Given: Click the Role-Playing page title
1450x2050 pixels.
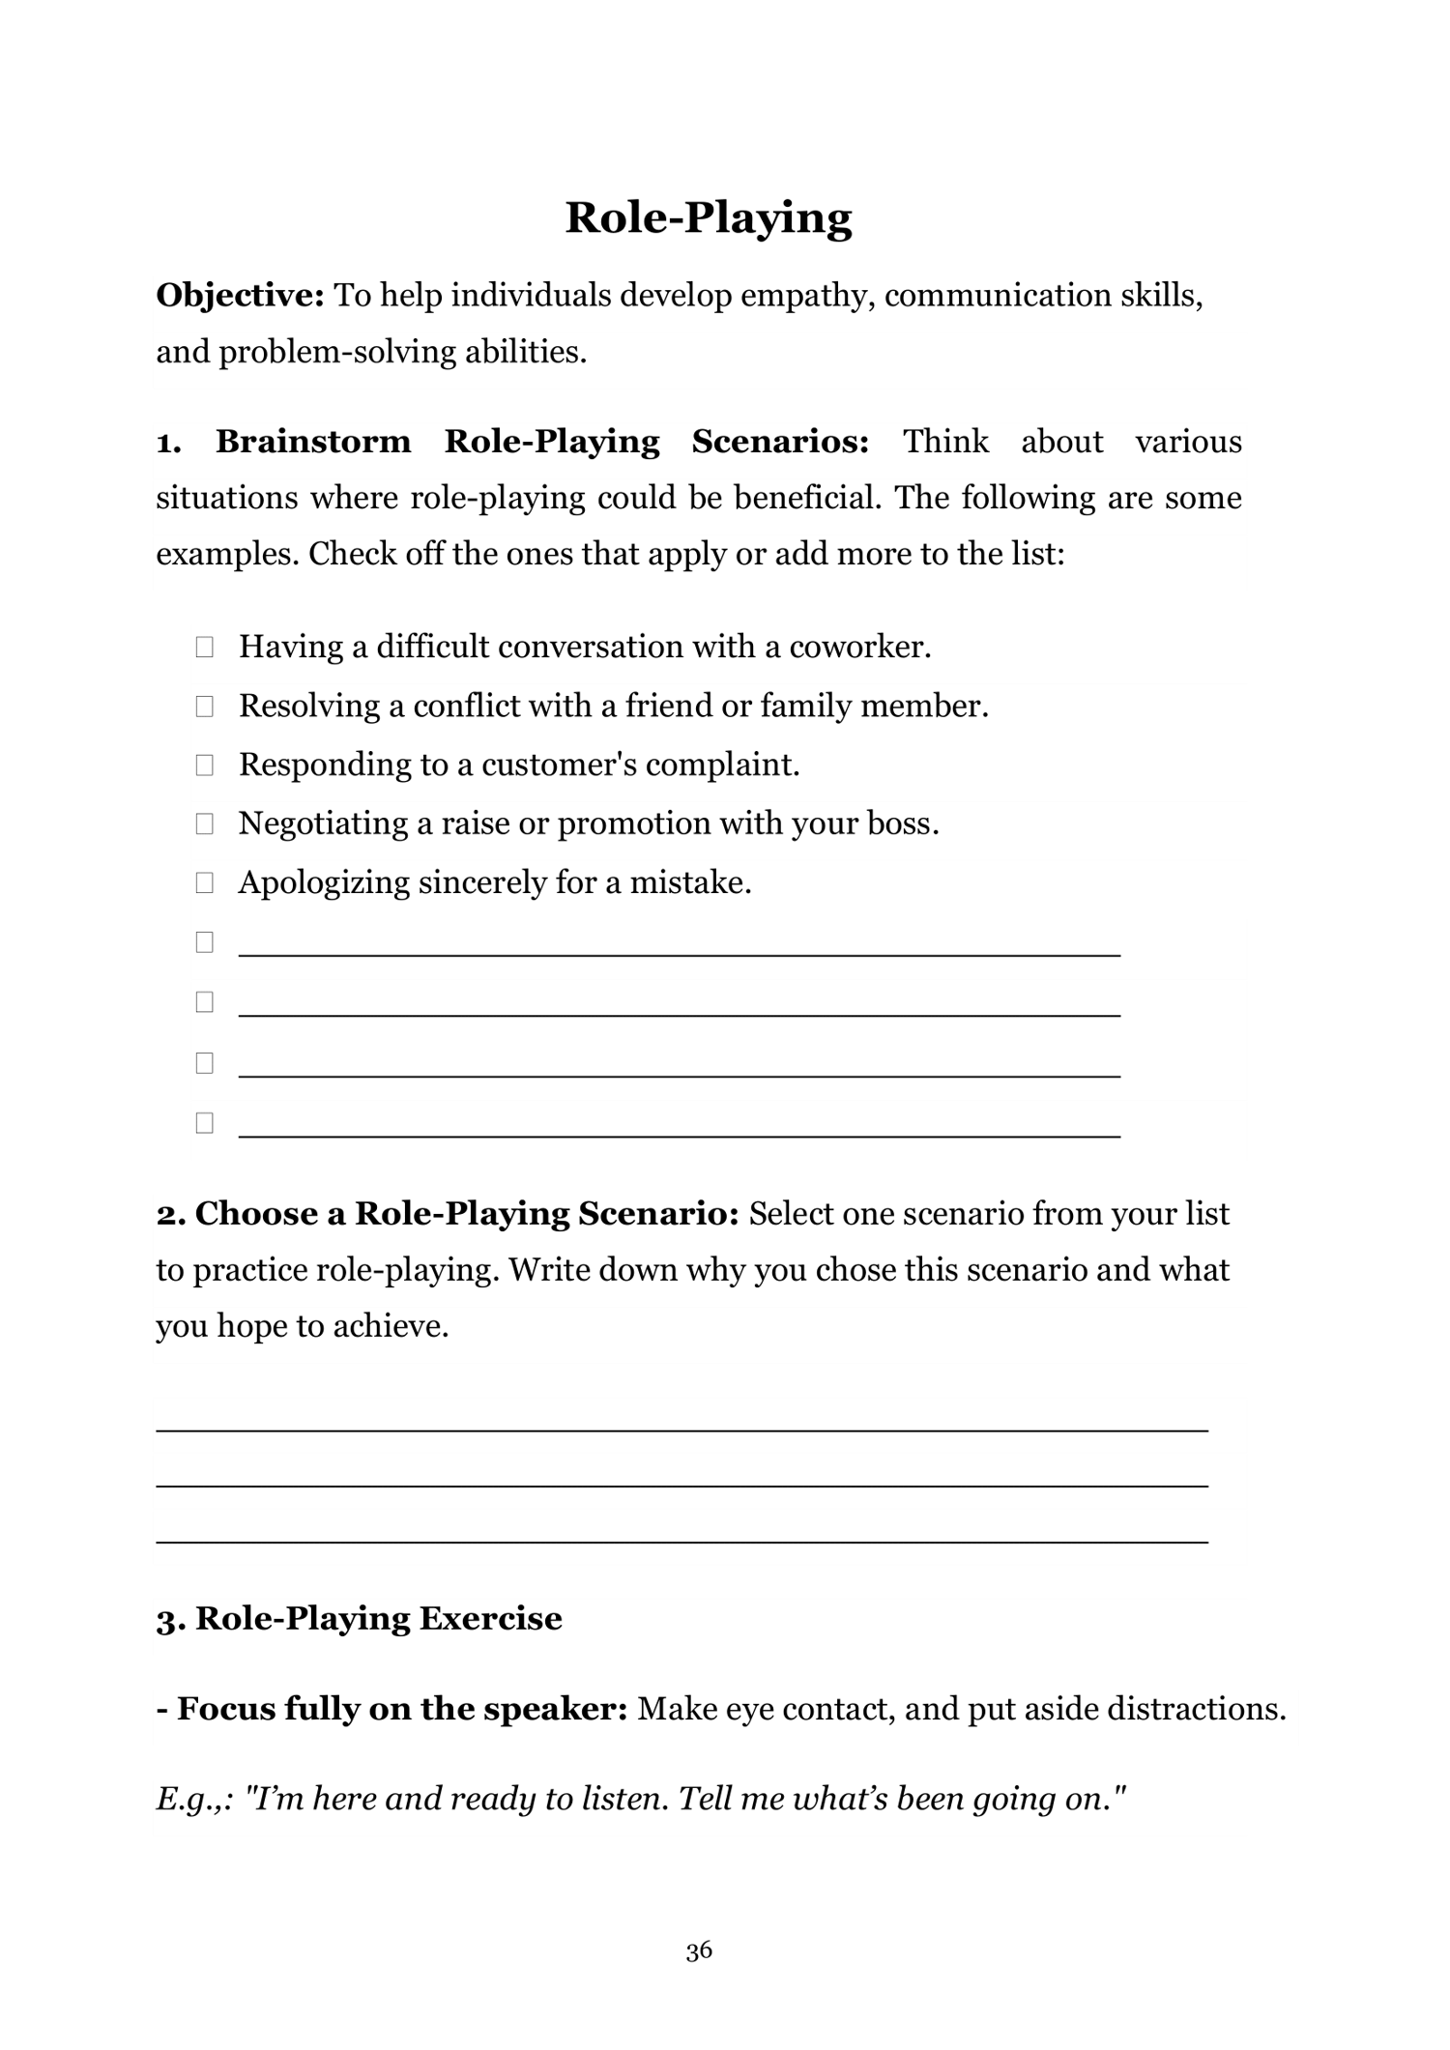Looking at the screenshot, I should click(x=708, y=217).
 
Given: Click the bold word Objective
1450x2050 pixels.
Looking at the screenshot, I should click(x=240, y=295).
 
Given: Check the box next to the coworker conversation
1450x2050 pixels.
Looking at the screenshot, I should click(x=204, y=647).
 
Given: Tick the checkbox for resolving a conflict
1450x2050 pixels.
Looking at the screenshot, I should click(x=204, y=707).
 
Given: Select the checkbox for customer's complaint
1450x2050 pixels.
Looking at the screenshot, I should click(x=204, y=765).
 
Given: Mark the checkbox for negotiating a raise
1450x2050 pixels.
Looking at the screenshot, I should click(x=204, y=824).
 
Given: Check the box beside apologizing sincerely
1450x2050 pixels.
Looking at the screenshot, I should click(x=204, y=882).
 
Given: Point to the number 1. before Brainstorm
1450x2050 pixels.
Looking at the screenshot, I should click(x=168, y=443).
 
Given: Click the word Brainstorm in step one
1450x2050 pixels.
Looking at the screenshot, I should click(x=312, y=442).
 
